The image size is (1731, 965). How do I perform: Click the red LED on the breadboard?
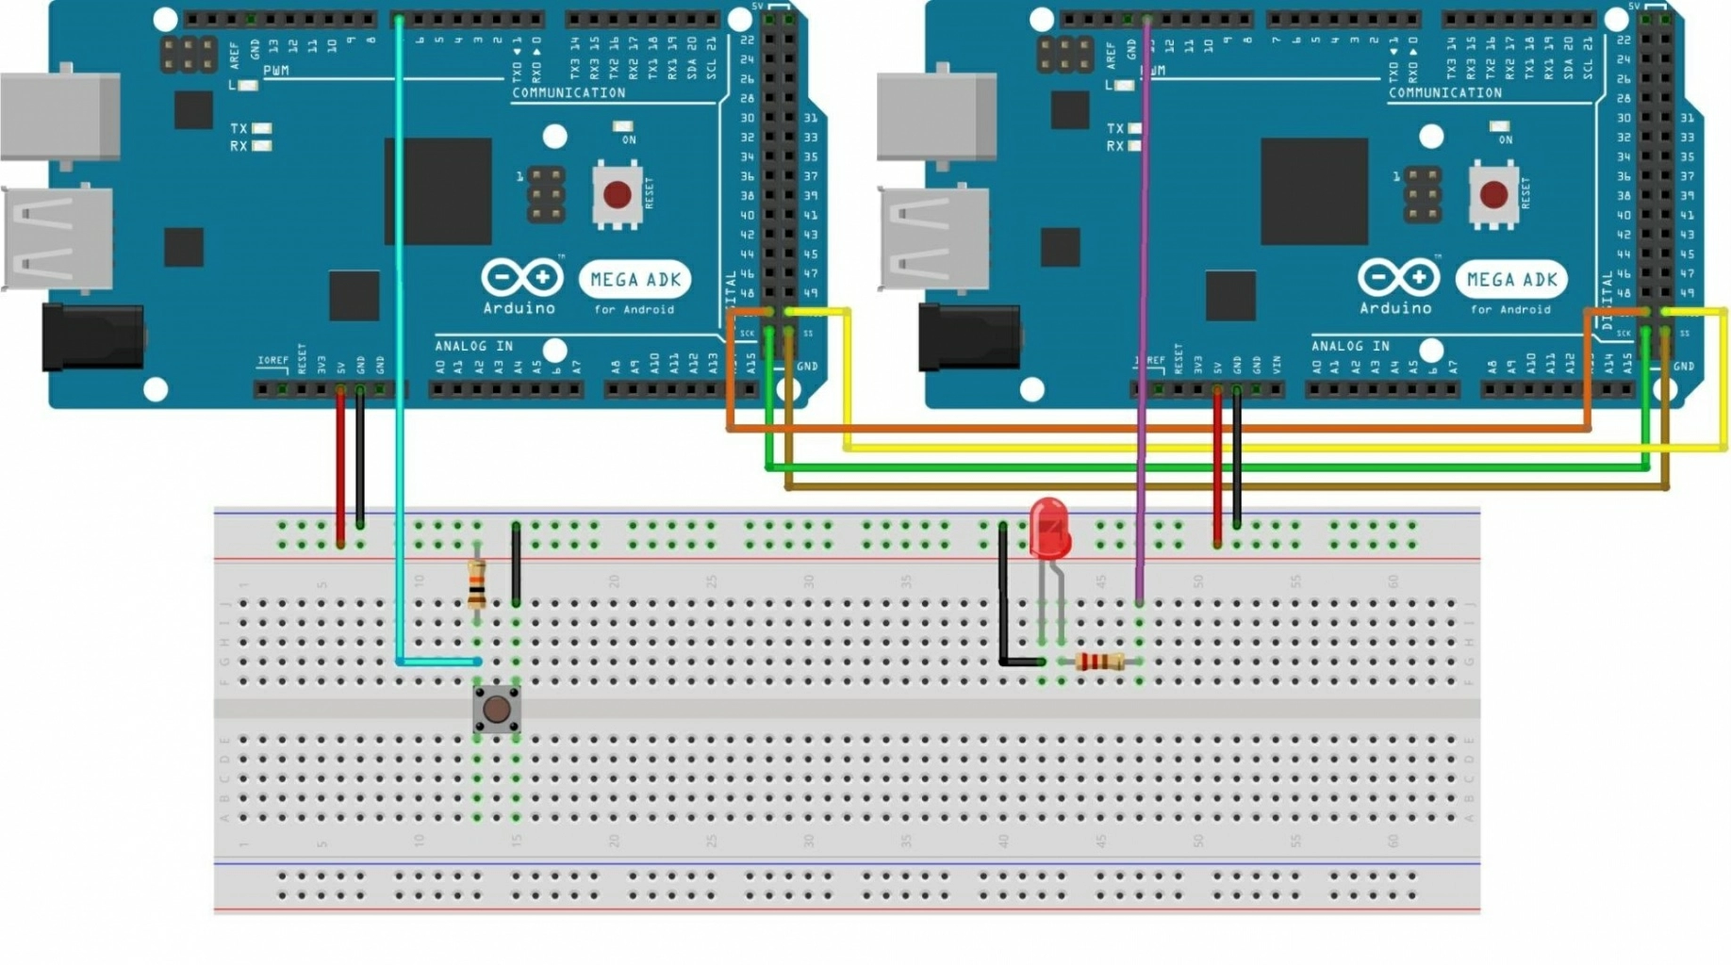(1049, 529)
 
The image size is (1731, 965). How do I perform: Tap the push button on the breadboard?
(496, 709)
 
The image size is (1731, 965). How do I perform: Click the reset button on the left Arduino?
(617, 195)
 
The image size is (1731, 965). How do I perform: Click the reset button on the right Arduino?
(1493, 195)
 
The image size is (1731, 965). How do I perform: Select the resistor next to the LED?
(1098, 662)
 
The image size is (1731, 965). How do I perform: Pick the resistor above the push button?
(477, 583)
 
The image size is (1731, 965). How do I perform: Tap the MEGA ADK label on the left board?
(635, 280)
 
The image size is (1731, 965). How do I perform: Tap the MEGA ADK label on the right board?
(1511, 280)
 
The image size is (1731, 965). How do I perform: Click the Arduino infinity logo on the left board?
(521, 278)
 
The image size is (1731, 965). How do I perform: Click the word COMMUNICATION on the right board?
(1444, 93)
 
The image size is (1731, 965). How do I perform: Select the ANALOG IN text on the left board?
(473, 346)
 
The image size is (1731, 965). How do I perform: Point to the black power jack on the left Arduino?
(92, 336)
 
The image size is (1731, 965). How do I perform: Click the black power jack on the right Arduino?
(968, 336)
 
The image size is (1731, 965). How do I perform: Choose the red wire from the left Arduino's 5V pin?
(340, 466)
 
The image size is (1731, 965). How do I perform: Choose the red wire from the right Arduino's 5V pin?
(1217, 466)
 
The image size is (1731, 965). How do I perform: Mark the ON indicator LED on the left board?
(622, 126)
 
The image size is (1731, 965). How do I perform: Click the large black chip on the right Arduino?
(1314, 191)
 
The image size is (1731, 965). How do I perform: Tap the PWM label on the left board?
(276, 71)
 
